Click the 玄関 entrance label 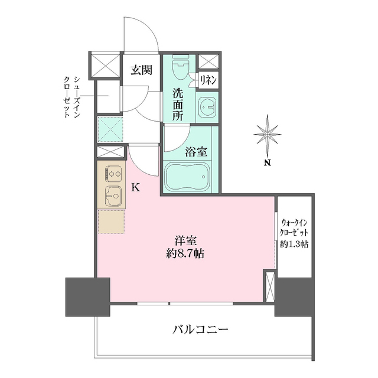point(142,70)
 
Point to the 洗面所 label point(177,104)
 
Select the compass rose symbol point(267,135)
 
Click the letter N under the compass point(268,163)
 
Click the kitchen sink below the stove point(112,195)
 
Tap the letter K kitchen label point(135,188)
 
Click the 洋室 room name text point(185,241)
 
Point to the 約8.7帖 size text point(185,255)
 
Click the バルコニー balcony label point(200,328)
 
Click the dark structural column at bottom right point(294,295)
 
